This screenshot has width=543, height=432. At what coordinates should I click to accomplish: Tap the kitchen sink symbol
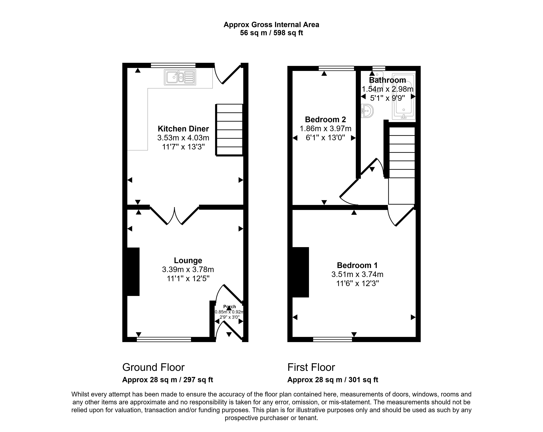[180, 77]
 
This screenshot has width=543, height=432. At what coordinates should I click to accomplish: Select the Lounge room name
[188, 260]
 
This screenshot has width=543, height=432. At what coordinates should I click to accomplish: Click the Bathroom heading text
[387, 80]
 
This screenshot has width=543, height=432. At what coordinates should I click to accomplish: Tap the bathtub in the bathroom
[403, 97]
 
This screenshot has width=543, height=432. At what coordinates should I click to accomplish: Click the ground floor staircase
[229, 130]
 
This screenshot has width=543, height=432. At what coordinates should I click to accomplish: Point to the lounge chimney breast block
[133, 272]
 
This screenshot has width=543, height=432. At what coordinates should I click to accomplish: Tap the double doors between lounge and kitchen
[174, 216]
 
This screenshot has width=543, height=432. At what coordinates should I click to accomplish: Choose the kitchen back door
[228, 74]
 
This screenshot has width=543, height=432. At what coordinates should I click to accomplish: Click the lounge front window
[164, 339]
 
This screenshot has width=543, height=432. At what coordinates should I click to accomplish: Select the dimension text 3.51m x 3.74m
[357, 274]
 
